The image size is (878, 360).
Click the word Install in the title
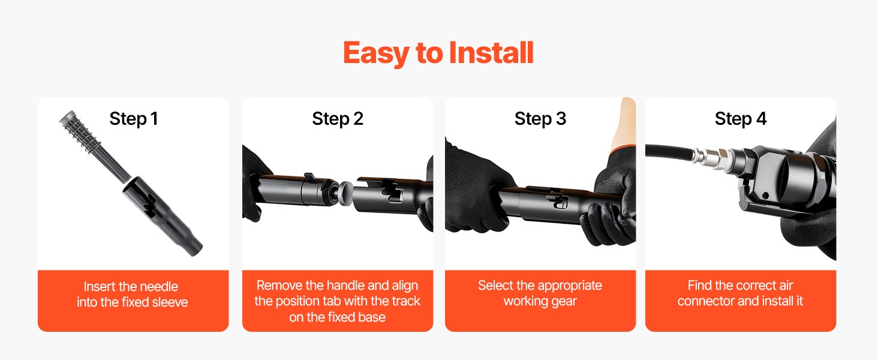click(491, 53)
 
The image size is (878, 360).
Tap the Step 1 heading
click(134, 118)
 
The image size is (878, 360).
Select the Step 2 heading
click(338, 118)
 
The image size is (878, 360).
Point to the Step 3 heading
click(540, 118)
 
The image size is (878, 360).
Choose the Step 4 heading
click(741, 118)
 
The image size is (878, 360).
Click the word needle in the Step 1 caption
click(159, 287)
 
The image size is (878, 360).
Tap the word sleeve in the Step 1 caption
click(169, 302)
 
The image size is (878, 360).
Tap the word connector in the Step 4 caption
click(706, 301)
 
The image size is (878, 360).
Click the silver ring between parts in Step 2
click(345, 193)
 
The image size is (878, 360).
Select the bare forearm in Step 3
click(626, 125)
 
